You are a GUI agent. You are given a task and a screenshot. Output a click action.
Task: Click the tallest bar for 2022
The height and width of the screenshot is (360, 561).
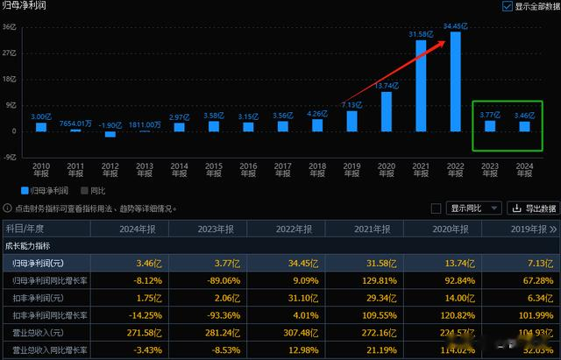pyautogui.click(x=456, y=81)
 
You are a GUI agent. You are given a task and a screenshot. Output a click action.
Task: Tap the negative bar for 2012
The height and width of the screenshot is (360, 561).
pyautogui.click(x=110, y=134)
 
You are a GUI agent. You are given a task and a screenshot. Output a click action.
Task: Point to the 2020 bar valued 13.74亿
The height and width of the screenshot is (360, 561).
pyautogui.click(x=387, y=111)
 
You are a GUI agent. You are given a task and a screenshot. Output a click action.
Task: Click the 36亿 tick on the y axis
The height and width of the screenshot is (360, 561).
pyautogui.click(x=8, y=26)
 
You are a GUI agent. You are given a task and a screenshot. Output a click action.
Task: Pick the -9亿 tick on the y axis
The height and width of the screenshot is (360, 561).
pyautogui.click(x=8, y=158)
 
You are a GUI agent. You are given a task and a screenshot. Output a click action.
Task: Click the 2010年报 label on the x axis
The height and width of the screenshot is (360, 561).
pyautogui.click(x=41, y=169)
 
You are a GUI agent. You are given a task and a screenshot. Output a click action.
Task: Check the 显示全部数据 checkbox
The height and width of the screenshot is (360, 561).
pyautogui.click(x=508, y=6)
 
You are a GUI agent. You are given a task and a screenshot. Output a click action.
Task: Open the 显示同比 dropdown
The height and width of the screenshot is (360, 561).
pyautogui.click(x=475, y=208)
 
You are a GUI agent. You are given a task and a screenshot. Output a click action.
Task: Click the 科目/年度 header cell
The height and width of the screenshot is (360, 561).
pyautogui.click(x=34, y=229)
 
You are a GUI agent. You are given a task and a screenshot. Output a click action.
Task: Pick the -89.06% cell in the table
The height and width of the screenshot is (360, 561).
pyautogui.click(x=217, y=281)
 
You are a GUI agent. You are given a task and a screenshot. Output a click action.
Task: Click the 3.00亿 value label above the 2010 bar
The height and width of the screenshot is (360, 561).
pyautogui.click(x=41, y=116)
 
